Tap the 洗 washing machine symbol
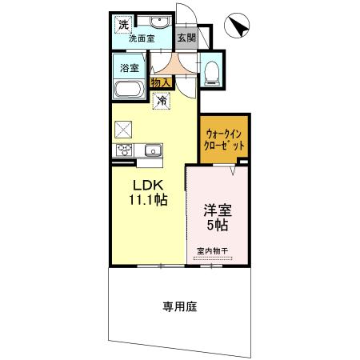[x=123, y=24]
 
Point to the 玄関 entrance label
[x=186, y=36]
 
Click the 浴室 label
[x=130, y=68]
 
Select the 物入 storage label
[x=159, y=82]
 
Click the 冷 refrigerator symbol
[x=162, y=101]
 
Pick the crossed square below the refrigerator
[x=122, y=128]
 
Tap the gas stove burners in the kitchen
[x=125, y=150]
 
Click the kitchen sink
[x=152, y=150]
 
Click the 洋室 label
[x=216, y=210]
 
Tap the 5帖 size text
[x=216, y=226]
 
